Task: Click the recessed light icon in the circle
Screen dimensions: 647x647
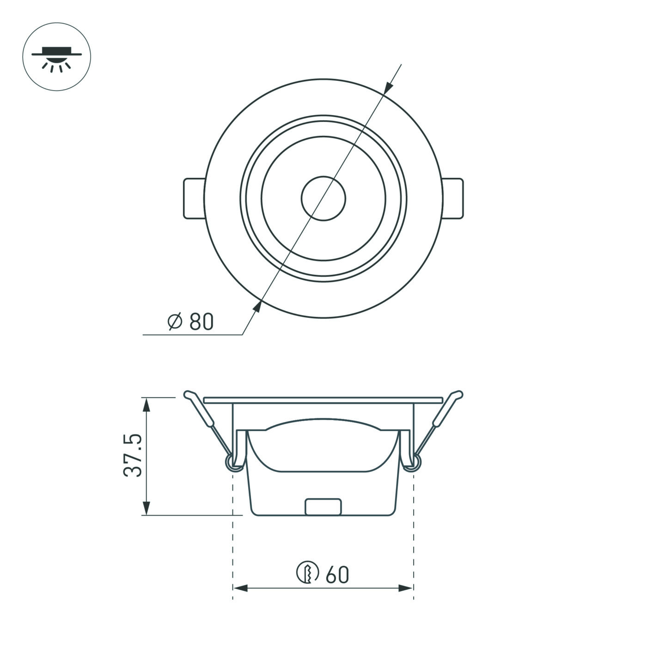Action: (x=56, y=57)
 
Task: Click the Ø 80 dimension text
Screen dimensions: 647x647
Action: (x=190, y=322)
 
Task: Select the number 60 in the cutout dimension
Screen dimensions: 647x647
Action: (x=337, y=575)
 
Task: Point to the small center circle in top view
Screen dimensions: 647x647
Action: (x=323, y=198)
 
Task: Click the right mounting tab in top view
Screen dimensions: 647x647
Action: (x=453, y=198)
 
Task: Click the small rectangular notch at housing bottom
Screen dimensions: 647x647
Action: (x=323, y=507)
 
